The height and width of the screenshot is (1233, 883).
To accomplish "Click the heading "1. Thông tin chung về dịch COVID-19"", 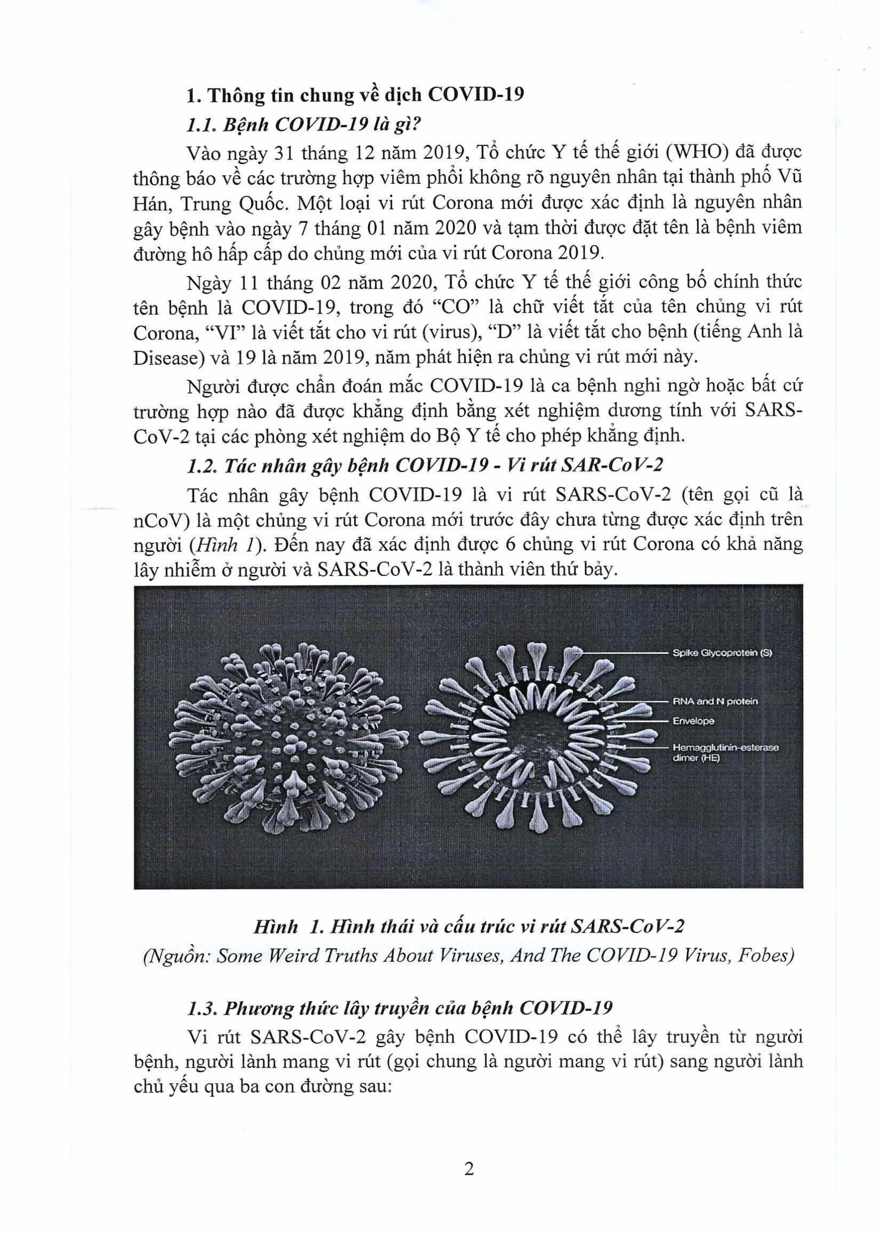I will (x=355, y=95).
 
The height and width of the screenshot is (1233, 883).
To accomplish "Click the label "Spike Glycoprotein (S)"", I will (x=722, y=653).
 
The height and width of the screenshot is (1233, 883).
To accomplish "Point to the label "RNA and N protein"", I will (x=715, y=701).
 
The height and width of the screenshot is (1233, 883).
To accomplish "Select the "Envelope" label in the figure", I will (x=693, y=721).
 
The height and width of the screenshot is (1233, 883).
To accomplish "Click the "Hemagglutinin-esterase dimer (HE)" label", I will (x=725, y=752).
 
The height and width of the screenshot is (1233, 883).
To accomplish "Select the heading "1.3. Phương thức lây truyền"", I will (x=399, y=1008).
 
